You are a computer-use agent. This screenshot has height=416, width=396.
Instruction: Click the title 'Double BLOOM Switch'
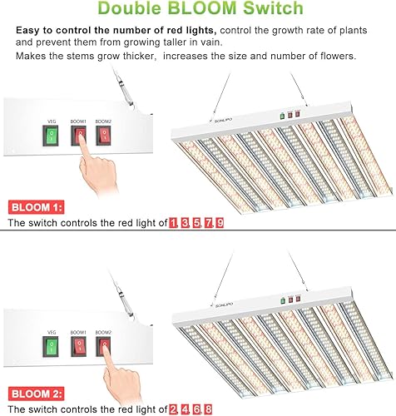point(198,11)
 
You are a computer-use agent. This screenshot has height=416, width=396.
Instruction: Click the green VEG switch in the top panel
point(52,136)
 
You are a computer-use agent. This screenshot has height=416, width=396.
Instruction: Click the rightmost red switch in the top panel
point(104,136)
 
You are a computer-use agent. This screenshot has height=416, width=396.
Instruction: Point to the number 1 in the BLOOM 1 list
point(173,224)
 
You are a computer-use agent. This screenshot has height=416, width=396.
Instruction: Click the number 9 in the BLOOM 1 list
point(220,224)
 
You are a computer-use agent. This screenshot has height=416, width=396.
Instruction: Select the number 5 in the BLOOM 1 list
point(196,224)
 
